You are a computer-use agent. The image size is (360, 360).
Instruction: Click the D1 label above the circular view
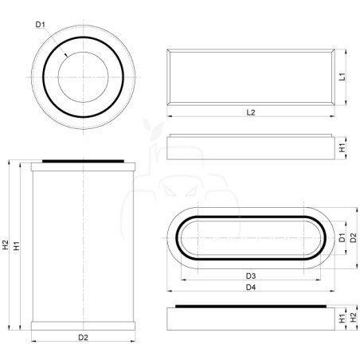coord(41,25)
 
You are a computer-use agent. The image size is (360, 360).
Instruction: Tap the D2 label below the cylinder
coord(83,338)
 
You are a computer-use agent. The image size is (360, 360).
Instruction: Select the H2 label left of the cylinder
coord(6,245)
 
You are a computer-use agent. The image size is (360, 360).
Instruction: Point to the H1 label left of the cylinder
coord(17,246)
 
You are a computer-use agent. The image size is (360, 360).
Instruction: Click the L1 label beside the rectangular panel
coord(342,76)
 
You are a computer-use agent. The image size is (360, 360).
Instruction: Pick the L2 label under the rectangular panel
coord(251,112)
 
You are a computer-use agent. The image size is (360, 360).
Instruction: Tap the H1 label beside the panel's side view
coord(342,147)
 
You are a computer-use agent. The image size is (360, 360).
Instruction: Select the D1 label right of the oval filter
coord(342,237)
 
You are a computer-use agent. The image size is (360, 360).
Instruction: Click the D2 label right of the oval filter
coord(354,237)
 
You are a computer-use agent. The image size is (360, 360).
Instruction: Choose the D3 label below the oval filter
coord(251,276)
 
